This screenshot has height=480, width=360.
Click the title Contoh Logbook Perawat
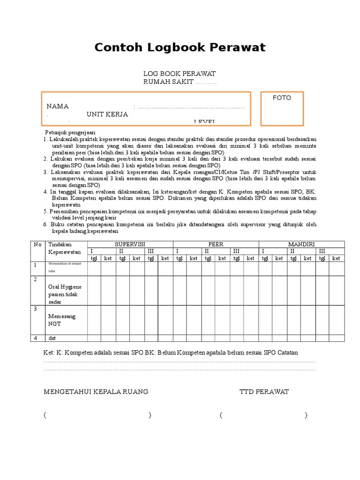point(180,47)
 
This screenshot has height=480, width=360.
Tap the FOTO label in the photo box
point(282,97)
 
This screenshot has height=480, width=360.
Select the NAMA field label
point(58,106)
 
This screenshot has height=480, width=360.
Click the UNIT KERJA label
point(107,114)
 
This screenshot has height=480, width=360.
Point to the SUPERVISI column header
point(130,244)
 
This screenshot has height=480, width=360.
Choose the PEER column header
point(216,244)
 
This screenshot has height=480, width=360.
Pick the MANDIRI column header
point(301,244)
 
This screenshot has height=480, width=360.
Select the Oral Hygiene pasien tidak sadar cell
point(65,294)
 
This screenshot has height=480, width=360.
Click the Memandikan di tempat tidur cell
point(64,268)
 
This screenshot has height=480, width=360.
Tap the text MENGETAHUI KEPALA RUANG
point(96,391)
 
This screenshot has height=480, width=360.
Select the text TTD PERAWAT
point(264,391)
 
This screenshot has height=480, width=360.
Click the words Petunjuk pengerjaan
point(70,133)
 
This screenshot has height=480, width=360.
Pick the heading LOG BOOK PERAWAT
point(180,74)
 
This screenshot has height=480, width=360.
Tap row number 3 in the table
point(35,308)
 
